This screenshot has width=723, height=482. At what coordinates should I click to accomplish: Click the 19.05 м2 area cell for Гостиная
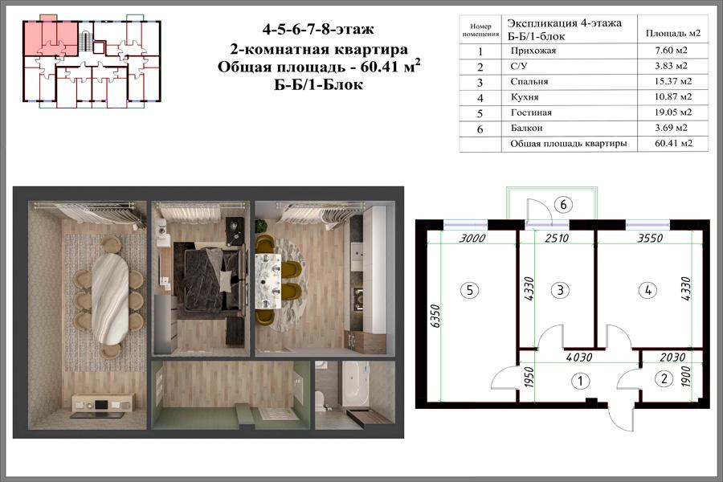673,112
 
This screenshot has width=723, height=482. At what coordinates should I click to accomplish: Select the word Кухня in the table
525,97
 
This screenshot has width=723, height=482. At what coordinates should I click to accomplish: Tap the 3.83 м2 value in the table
671,66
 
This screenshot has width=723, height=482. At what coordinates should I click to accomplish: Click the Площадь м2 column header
672,33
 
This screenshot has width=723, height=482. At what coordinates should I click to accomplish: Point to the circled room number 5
469,290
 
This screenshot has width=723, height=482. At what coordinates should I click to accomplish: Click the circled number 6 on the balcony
563,204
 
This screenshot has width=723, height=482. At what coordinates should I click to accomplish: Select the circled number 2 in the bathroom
664,378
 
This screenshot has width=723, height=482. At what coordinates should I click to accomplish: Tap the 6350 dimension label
435,316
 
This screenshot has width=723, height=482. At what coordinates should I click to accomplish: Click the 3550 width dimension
650,238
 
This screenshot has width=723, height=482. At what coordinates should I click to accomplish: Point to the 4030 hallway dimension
578,357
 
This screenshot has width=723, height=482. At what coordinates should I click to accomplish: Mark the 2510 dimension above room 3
557,238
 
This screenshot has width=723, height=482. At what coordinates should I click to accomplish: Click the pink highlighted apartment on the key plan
49,38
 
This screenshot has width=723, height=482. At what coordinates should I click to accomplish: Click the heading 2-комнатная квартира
319,49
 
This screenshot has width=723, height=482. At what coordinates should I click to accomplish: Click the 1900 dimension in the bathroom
686,376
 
